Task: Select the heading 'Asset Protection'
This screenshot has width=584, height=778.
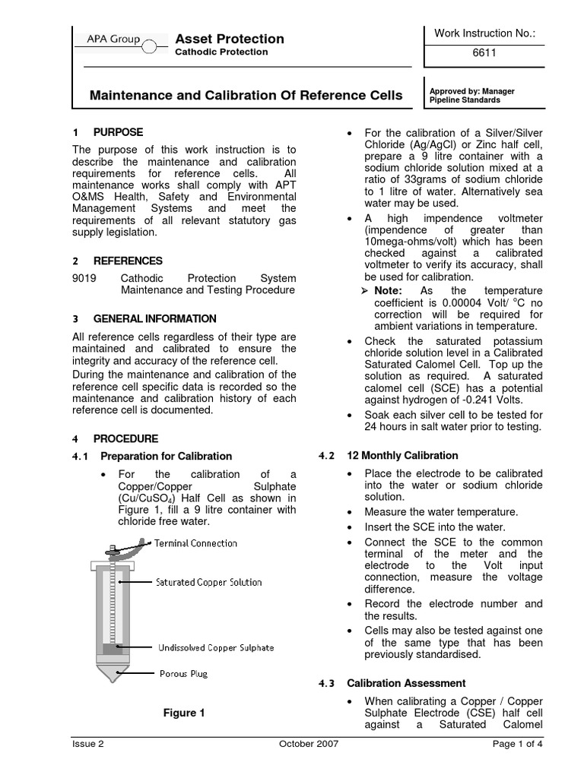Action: pos(229,39)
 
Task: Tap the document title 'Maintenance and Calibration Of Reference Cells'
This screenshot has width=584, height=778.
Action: pos(246,96)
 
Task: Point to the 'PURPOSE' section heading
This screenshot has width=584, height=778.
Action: pos(118,132)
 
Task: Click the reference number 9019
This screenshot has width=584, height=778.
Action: pos(84,278)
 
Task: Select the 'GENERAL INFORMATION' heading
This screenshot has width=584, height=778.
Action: pos(154,318)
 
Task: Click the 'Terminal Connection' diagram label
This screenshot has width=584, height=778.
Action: pos(195,543)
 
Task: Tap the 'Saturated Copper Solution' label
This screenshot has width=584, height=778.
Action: pos(208,582)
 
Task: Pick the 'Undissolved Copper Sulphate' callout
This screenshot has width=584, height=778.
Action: pos(215,647)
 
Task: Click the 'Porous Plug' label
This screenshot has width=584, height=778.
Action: pos(183,673)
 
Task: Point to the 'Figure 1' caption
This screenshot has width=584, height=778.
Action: pos(185,713)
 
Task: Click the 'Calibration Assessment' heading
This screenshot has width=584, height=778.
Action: pos(406,683)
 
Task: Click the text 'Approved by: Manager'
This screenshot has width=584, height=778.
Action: pos(471,91)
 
